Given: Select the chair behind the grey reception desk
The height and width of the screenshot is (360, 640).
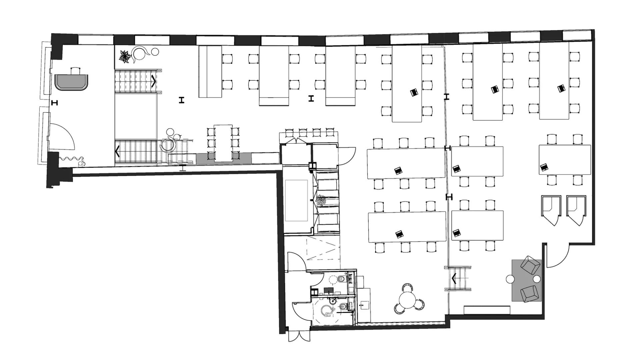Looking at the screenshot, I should click(x=76, y=71).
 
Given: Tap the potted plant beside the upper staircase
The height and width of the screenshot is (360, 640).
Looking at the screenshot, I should click(x=125, y=57).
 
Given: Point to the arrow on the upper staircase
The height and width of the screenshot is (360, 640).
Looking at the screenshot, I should click(x=154, y=81).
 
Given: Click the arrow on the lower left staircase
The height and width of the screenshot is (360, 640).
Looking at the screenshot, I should click(x=117, y=151).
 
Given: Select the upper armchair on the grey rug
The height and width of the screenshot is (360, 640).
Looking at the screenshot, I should click(x=530, y=265).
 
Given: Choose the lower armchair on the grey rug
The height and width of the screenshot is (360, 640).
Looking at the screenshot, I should click(x=529, y=293).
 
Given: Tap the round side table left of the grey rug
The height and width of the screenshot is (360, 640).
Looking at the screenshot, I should click(x=510, y=279).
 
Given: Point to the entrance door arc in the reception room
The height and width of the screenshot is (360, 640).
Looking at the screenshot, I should click(x=63, y=137).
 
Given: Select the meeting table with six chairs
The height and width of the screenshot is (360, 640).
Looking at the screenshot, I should click(x=223, y=143).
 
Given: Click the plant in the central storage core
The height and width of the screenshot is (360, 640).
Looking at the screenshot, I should click(x=321, y=201).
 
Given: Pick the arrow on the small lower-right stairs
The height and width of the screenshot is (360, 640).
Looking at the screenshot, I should click(x=454, y=278).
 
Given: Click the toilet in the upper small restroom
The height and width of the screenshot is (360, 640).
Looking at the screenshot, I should click(x=342, y=279).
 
